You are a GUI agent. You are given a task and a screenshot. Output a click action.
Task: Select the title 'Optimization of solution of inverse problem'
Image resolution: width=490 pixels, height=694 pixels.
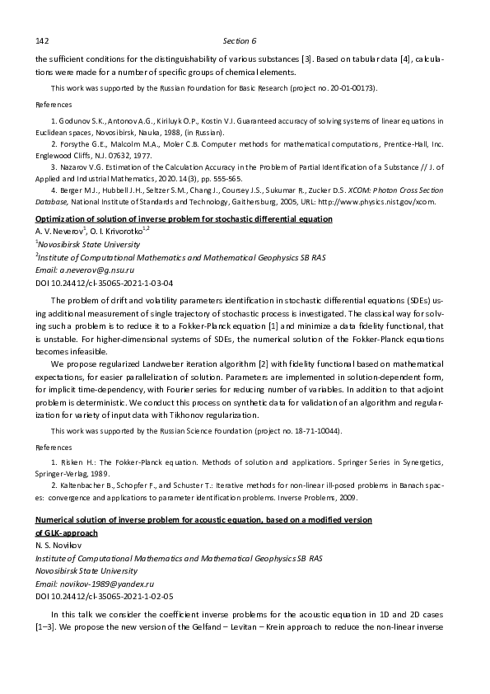(183, 219)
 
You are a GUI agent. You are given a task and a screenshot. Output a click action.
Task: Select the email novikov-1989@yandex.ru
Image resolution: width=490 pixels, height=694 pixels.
(93, 582)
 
